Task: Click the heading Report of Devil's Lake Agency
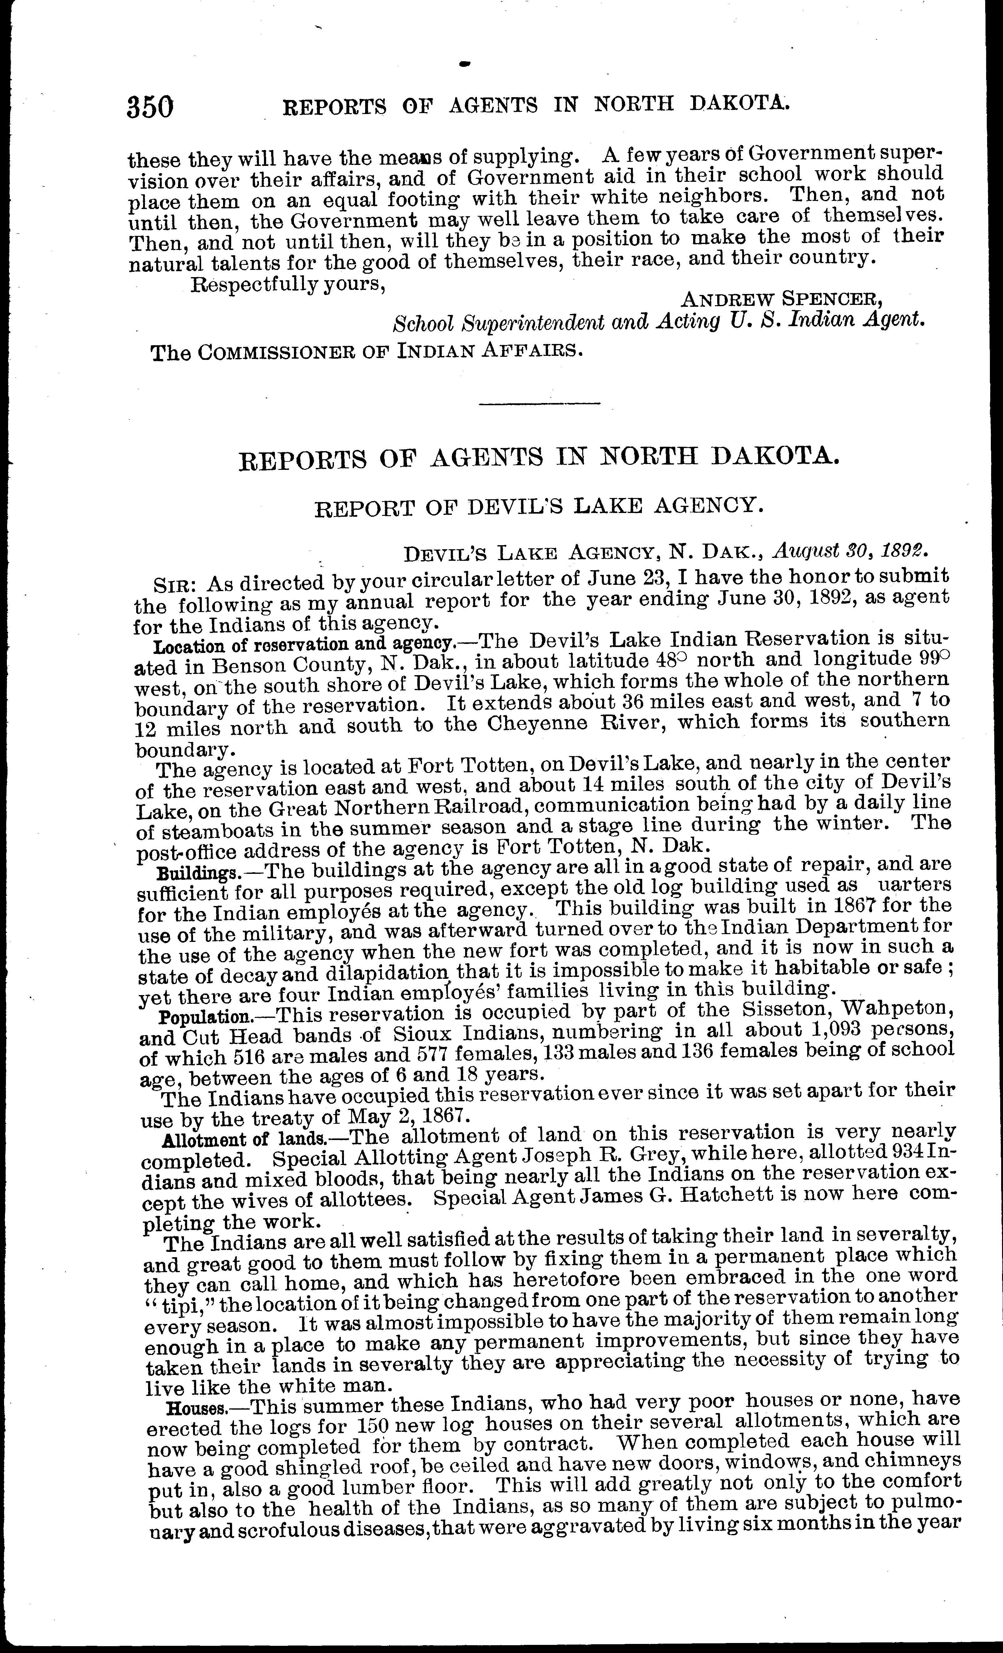pyautogui.click(x=539, y=506)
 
